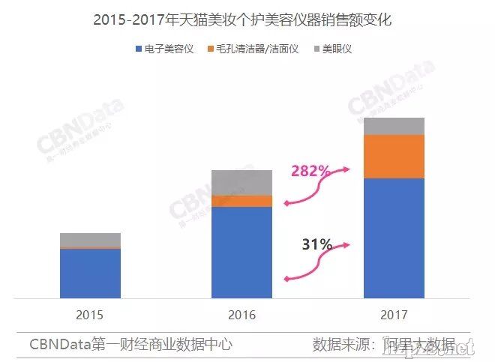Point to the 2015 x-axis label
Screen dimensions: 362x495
click(90, 315)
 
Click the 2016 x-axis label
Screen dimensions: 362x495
click(241, 315)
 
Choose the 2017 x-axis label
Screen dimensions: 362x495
click(394, 315)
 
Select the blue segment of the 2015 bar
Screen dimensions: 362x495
click(90, 274)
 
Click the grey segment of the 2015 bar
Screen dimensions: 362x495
click(90, 240)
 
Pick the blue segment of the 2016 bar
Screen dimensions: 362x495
click(241, 253)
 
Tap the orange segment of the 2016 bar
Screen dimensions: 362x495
click(241, 201)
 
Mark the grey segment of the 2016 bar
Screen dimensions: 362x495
click(241, 182)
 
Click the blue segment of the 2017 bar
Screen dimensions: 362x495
click(394, 238)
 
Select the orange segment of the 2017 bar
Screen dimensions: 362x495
click(394, 157)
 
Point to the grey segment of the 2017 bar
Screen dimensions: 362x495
click(394, 126)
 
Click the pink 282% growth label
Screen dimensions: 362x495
click(310, 172)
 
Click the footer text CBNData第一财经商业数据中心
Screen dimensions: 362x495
click(131, 345)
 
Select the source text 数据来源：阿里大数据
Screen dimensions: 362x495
click(383, 345)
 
